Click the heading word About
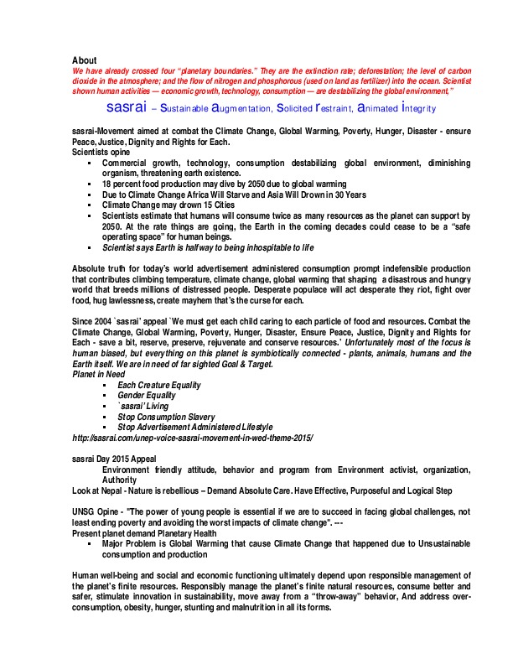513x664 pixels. (85, 60)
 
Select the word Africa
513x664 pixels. (206, 194)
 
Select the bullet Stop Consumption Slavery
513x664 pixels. (166, 417)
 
